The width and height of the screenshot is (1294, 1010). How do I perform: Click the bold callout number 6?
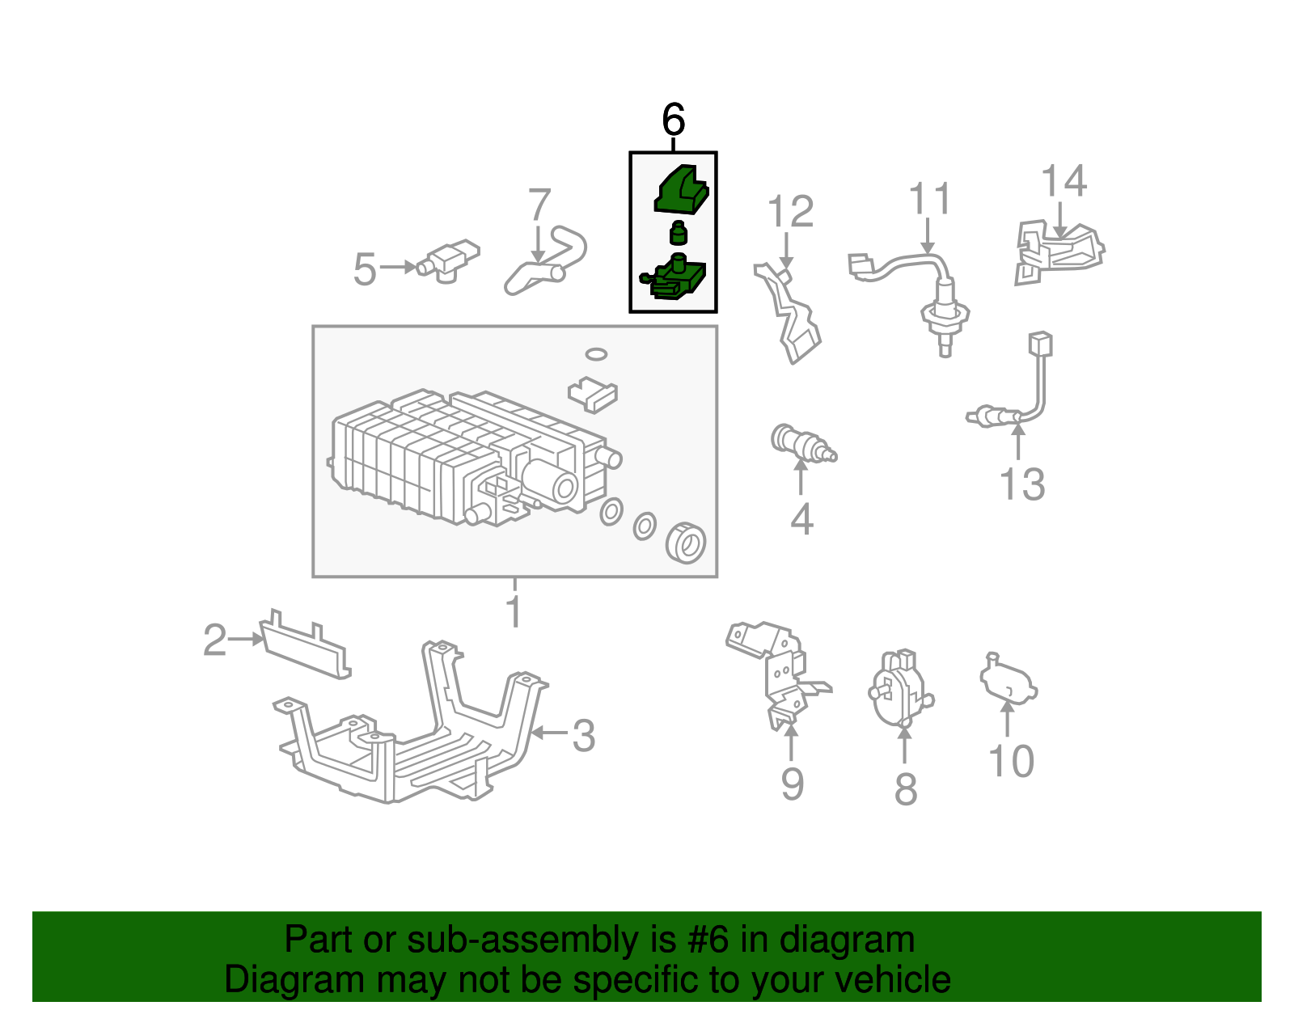coord(673,119)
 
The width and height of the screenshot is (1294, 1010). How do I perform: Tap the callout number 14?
coord(1064,180)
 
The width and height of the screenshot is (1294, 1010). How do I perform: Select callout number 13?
coord(1022,484)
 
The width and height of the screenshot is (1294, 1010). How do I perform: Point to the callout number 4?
coord(801,519)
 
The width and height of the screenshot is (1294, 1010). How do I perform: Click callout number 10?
coord(1011,761)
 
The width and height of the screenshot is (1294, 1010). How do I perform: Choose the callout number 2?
coord(215,640)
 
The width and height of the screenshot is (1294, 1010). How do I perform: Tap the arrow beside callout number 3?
coord(549,733)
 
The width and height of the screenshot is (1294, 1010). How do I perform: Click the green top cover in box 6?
coord(681,191)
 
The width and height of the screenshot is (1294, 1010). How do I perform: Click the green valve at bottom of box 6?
coord(674,277)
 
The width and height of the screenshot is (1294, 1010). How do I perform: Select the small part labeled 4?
coord(803,444)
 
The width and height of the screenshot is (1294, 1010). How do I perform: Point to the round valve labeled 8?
coord(900,689)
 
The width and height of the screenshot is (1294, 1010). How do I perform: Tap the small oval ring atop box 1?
coord(596,355)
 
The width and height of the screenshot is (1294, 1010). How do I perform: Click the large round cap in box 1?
coord(686,543)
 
